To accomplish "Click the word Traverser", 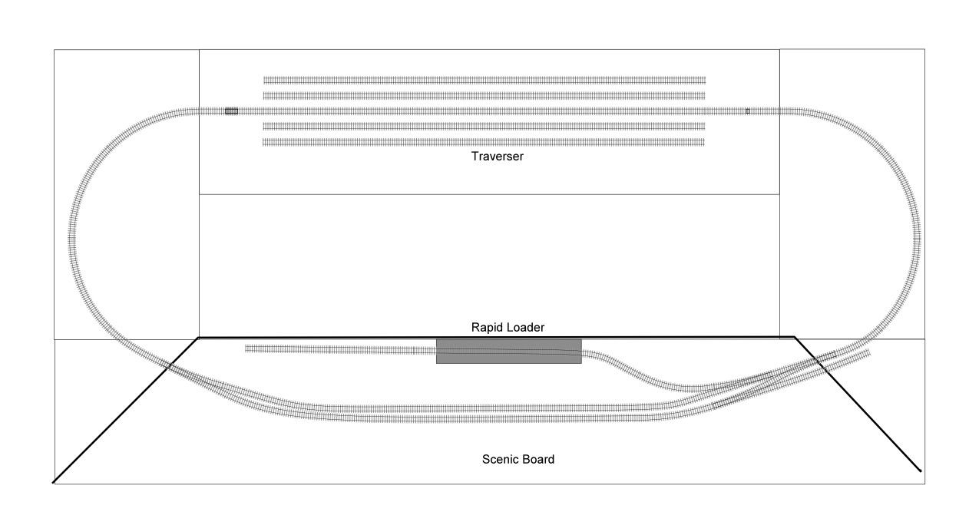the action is (x=497, y=156).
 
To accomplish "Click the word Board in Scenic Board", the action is (x=538, y=459).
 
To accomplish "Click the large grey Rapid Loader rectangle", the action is (x=509, y=352).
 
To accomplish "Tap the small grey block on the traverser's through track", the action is (x=231, y=111).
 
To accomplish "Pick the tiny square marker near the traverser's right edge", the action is (x=748, y=111).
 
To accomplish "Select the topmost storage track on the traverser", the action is (x=485, y=80).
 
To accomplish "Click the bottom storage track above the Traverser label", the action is (x=484, y=142).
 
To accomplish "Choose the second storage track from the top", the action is (x=484, y=96).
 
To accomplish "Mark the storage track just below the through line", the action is (x=484, y=127).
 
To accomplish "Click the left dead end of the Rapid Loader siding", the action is (x=246, y=348).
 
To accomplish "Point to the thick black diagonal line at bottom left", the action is (x=125, y=410).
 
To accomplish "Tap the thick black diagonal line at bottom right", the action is (x=858, y=404).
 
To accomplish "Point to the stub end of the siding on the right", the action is (x=868, y=353).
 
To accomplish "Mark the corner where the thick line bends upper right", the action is (x=795, y=337).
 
